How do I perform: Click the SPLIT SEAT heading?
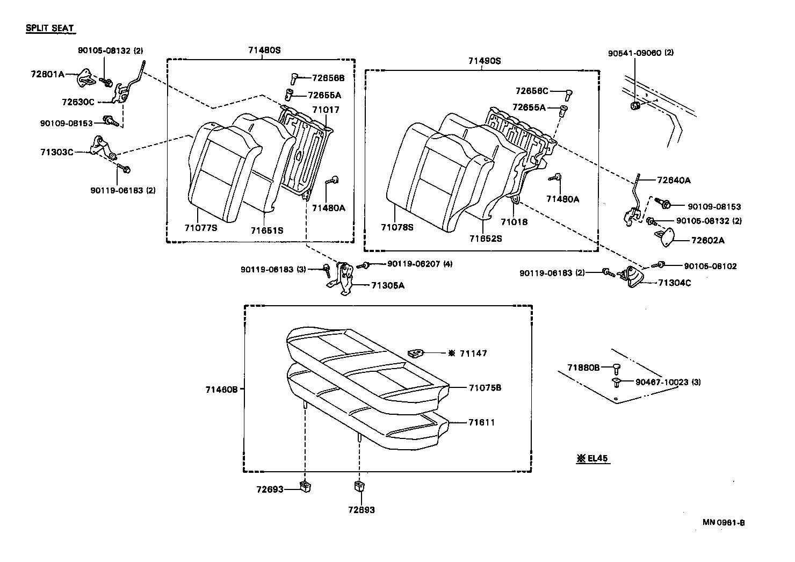tap(49, 28)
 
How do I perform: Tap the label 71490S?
tap(483, 61)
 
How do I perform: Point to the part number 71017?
tap(326, 110)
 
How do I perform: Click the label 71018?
tap(514, 221)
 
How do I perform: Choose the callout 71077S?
tap(200, 227)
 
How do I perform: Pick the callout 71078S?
tap(397, 227)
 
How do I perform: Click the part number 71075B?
tap(485, 387)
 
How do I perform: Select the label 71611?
tap(481, 422)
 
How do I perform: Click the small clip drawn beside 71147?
tap(416, 353)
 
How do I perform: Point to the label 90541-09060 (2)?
tap(640, 53)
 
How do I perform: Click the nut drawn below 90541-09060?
tap(635, 105)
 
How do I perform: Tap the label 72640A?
tap(674, 181)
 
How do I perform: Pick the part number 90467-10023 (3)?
tap(668, 382)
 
